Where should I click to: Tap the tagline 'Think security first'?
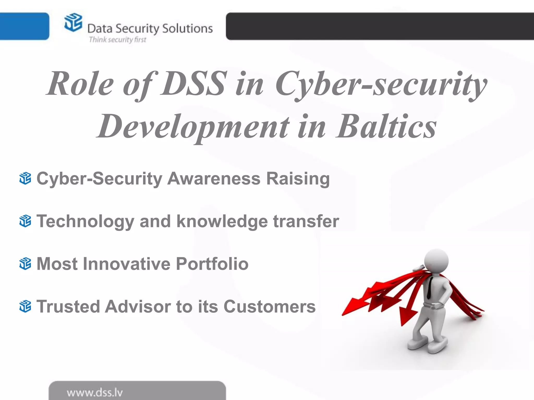pyautogui.click(x=118, y=40)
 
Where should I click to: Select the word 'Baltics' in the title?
pyautogui.click(x=386, y=127)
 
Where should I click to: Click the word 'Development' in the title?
pyautogui.click(x=193, y=127)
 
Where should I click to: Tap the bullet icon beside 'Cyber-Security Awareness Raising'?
pyautogui.click(x=25, y=178)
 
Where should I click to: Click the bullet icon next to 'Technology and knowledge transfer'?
pyautogui.click(x=25, y=221)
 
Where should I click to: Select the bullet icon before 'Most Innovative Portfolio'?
pyautogui.click(x=25, y=264)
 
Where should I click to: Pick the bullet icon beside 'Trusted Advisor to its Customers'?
pyautogui.click(x=25, y=306)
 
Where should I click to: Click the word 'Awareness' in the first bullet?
pyautogui.click(x=214, y=179)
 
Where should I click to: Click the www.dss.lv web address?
pyautogui.click(x=95, y=392)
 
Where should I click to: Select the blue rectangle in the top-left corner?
pyautogui.click(x=24, y=26)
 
